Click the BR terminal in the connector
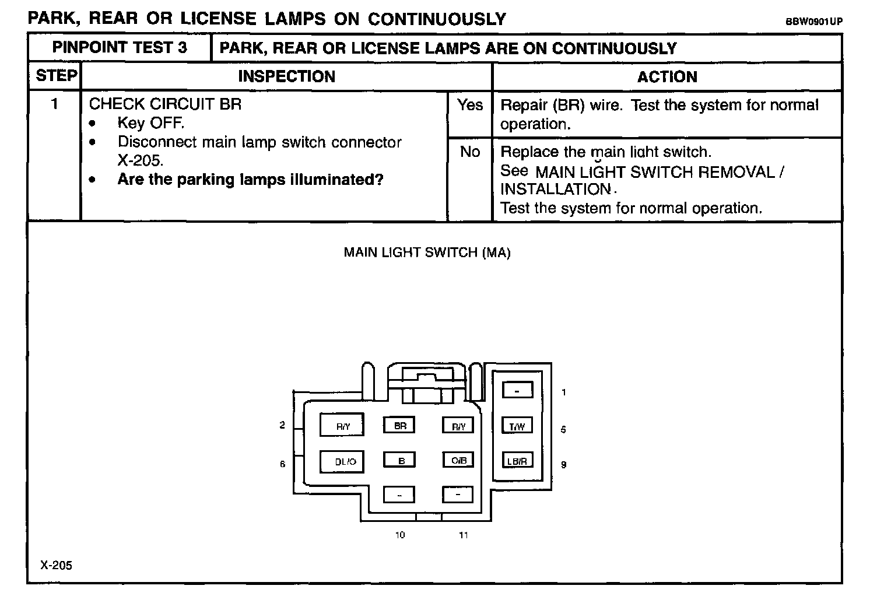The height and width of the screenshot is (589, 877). pos(399,426)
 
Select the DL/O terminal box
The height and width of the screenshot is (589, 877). pos(342,461)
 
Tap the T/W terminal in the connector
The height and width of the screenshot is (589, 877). pos(517,426)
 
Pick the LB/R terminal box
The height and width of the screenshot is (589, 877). pos(517,461)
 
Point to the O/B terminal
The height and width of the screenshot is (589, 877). pos(458,460)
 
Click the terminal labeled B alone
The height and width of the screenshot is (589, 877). pos(399,461)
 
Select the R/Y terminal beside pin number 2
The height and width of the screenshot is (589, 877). pos(342,426)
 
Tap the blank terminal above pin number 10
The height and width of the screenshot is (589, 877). pos(399,495)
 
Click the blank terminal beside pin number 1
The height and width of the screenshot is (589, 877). pos(517,390)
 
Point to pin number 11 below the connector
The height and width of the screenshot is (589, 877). pos(463,535)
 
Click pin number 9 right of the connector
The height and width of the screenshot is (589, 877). pos(563,465)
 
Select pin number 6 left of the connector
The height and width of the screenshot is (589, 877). pos(283,464)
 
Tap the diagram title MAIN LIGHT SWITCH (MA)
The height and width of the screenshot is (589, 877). pos(427,253)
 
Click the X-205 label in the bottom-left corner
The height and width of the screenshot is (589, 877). pos(57,565)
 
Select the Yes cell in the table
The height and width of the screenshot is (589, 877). pos(469,105)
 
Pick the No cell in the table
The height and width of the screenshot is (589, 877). pos(469,152)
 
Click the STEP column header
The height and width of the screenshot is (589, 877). pos(56,76)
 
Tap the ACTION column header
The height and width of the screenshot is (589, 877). pos(666,76)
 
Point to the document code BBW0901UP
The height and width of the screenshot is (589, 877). pos(813,22)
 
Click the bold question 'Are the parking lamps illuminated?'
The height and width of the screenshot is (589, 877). pos(250,180)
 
